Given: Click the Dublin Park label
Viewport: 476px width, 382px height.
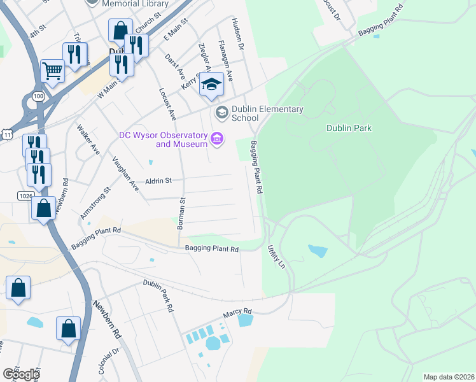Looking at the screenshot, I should pos(349,128).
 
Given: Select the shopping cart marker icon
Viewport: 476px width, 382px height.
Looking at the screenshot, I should pos(52,71).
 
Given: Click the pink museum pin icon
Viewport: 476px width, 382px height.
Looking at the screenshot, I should pos(217,138).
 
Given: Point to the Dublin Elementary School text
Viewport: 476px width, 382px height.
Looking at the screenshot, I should pos(267,113).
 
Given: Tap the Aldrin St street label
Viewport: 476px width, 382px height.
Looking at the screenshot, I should pos(160,181).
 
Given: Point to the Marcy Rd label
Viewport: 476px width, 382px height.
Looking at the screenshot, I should pos(237,312).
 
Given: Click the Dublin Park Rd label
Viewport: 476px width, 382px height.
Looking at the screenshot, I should pos(158,295).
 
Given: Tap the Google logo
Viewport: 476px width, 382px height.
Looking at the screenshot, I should pos(21,374).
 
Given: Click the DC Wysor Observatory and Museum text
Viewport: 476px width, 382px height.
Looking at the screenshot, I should pos(164,139).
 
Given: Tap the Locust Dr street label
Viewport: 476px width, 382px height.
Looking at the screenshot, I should pos(332,10).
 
